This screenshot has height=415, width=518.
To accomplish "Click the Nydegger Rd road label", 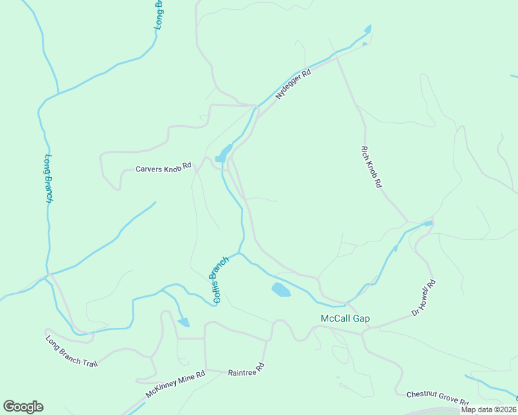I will (293, 84).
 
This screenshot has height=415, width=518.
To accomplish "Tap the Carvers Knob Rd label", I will (163, 169).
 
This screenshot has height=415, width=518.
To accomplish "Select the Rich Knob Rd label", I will (372, 167).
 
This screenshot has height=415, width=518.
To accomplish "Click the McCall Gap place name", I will (345, 319).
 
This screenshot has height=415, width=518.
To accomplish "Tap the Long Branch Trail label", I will (71, 351).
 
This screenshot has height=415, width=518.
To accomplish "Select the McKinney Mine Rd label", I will (176, 385).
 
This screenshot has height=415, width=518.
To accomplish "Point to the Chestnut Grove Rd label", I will (437, 398).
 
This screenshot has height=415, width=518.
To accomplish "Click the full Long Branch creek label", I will (48, 178).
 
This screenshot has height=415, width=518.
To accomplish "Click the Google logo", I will (23, 407).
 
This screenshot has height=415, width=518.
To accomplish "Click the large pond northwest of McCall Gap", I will (281, 290).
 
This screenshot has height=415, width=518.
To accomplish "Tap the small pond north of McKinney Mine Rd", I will (184, 322).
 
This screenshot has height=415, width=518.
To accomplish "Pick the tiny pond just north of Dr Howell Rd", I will (428, 223).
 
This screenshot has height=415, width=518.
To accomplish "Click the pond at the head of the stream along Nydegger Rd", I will (368, 29).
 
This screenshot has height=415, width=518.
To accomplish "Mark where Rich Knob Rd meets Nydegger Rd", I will (337, 58).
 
